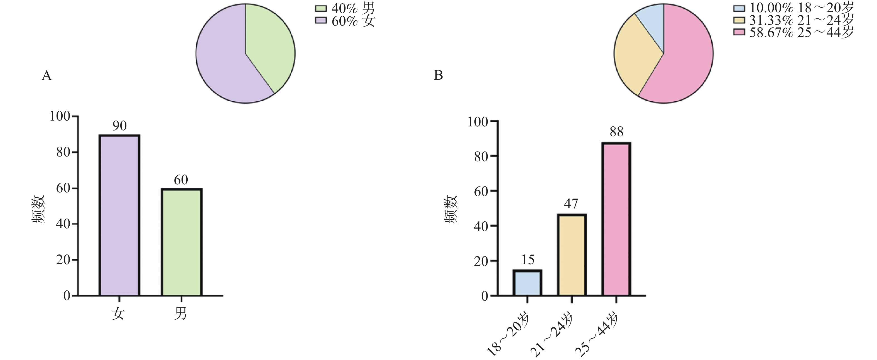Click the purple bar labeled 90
click(119, 215)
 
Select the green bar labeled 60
click(182, 242)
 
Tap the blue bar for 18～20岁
click(527, 283)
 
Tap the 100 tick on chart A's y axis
click(60, 116)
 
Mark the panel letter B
click(438, 75)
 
